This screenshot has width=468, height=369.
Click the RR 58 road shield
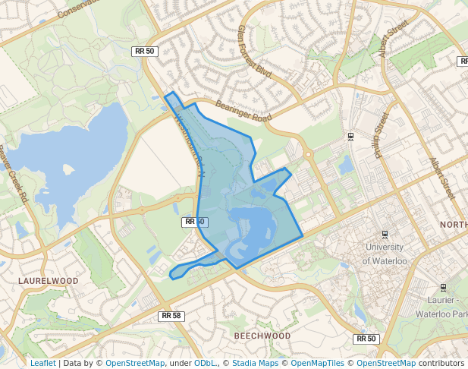[171, 315]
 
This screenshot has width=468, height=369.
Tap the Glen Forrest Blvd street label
[255, 50]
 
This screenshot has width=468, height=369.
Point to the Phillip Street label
[381, 135]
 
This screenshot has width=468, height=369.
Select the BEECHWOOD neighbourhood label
[262, 335]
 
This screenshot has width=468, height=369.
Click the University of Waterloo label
[385, 254]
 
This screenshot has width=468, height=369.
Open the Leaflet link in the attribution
[42, 363]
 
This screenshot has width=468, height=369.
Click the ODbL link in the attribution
[204, 363]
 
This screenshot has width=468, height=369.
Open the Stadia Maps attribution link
[254, 363]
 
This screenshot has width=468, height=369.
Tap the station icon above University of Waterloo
[385, 234]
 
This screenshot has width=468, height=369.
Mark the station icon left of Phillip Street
[350, 136]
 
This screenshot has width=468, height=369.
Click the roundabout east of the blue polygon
[309, 155]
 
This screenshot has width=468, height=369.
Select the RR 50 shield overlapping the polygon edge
[194, 222]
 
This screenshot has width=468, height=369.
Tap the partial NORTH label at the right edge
[454, 225]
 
